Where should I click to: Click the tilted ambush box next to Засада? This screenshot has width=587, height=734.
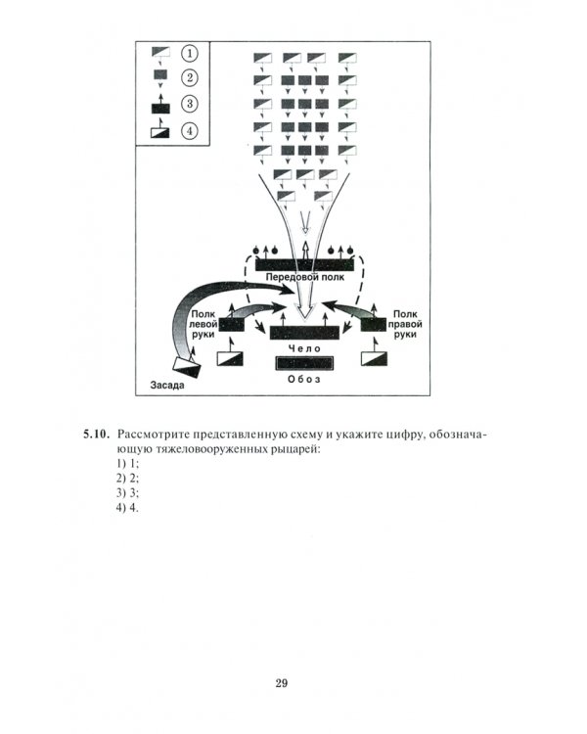click(188, 366)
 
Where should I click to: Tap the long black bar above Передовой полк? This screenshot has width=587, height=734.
click(304, 263)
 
